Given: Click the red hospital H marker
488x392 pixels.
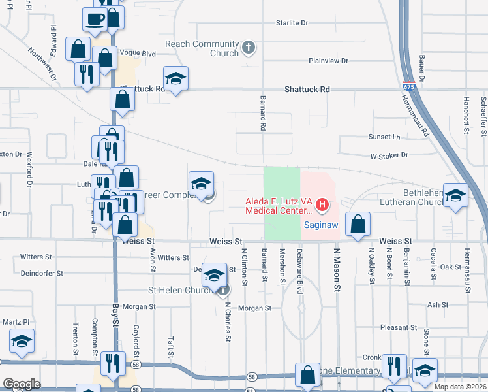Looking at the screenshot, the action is click(321, 206).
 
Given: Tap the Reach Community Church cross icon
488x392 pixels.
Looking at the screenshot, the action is click(248, 47).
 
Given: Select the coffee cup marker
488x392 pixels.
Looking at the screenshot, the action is click(95, 18).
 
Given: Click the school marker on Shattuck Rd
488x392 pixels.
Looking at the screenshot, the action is click(175, 79).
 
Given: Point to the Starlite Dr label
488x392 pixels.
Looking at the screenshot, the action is click(292, 23).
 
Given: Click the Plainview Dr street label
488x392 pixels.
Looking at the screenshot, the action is click(329, 61).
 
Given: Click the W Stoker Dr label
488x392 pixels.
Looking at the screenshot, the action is click(389, 155).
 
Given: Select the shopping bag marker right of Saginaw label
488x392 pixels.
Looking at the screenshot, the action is click(358, 224).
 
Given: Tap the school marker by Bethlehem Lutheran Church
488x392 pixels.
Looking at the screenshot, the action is click(455, 195).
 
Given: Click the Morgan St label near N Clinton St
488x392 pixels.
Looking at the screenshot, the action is click(254, 308).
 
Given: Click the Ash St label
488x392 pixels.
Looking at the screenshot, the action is click(437, 304).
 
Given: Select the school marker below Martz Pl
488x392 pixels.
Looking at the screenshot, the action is click(22, 341).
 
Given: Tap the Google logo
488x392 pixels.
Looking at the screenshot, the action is click(22, 384).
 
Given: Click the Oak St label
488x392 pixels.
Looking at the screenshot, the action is click(451, 267).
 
